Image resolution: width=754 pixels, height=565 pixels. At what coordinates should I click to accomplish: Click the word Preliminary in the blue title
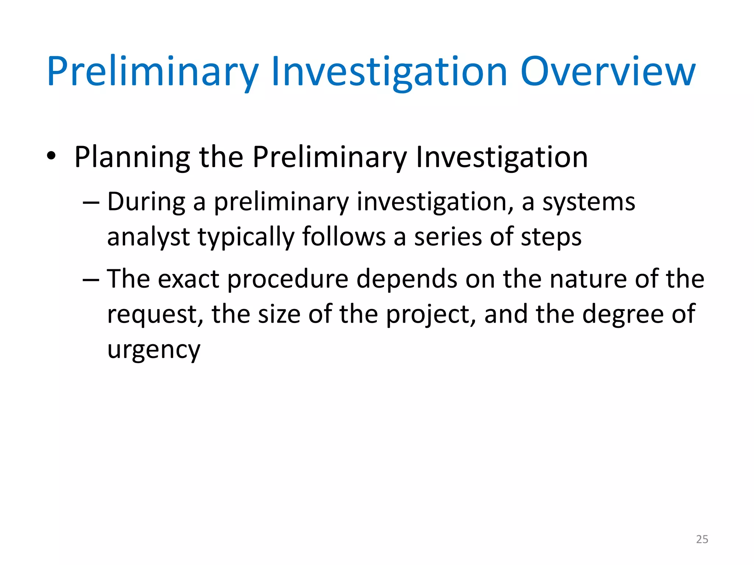[x=153, y=72]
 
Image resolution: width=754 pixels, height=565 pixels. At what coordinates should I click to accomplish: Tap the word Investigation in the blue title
[x=389, y=72]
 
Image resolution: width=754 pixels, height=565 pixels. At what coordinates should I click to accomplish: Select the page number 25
[x=702, y=539]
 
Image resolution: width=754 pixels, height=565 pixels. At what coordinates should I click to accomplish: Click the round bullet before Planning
[x=51, y=157]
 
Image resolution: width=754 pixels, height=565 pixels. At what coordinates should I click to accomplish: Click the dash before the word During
[x=91, y=203]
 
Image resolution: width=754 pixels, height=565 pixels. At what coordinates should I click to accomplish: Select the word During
[x=146, y=202]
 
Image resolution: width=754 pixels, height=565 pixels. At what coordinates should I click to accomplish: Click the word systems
[x=589, y=203]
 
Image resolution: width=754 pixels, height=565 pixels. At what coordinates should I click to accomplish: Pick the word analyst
[x=148, y=237]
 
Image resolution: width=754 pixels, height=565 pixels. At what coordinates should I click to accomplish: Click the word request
[x=155, y=315]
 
